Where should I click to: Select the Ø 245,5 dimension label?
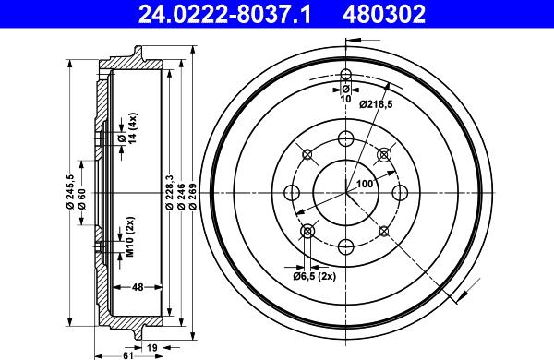click(70, 192)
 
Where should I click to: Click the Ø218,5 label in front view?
click(377, 103)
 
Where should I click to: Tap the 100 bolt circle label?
click(365, 184)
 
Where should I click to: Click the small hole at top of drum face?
click(345, 76)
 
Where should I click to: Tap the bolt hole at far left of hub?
click(293, 192)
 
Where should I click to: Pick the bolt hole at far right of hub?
click(400, 192)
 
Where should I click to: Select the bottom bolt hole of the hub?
click(346, 246)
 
